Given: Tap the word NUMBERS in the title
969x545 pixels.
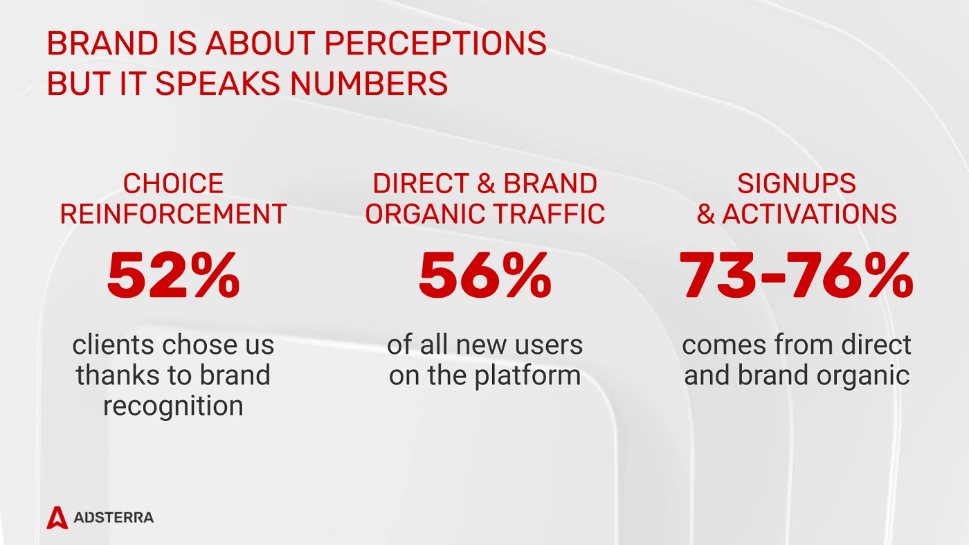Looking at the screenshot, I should click(x=369, y=84).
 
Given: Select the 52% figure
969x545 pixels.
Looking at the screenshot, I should click(x=173, y=276).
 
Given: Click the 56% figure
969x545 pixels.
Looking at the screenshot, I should click(x=484, y=276).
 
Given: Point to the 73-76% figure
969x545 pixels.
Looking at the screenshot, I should click(x=796, y=276).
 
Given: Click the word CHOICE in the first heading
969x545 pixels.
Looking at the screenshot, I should click(x=173, y=184).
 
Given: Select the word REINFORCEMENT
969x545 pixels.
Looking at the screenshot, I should click(x=173, y=215).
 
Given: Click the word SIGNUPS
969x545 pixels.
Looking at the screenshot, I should click(x=796, y=184).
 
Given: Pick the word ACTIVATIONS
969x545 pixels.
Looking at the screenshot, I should click(x=810, y=215).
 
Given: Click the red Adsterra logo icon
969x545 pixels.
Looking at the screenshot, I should click(x=57, y=517).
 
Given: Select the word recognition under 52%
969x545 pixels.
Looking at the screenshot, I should click(x=173, y=406).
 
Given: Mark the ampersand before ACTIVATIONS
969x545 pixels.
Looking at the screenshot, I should click(x=706, y=215).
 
